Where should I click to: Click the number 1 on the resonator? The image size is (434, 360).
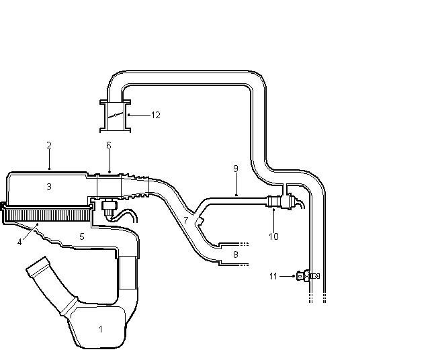click(x=101, y=329)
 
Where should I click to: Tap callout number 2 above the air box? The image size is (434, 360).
click(x=49, y=146)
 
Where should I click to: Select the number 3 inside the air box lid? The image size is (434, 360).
click(x=49, y=187)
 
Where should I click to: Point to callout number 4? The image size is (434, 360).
click(x=19, y=242)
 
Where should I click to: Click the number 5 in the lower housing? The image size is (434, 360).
click(x=82, y=236)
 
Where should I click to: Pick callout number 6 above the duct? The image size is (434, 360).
click(x=109, y=145)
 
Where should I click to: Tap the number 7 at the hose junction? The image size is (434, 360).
click(x=185, y=220)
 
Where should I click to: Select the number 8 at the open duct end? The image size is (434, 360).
click(x=236, y=255)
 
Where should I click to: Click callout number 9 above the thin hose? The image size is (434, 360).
click(x=236, y=169)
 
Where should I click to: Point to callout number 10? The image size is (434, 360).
click(x=273, y=236)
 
